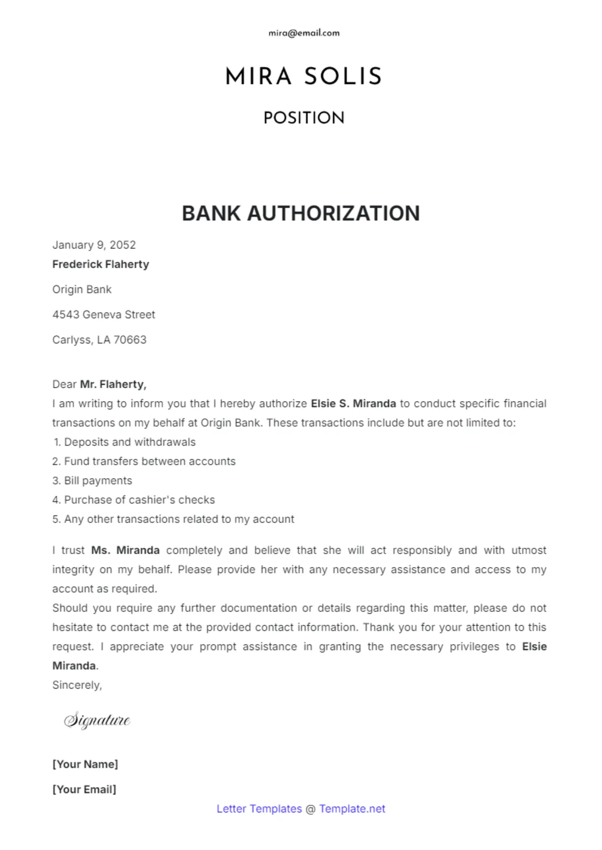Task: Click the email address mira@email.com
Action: pos(303,33)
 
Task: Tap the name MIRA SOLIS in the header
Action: pos(303,77)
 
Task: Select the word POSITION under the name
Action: pos(303,118)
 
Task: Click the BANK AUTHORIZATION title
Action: pos(301,213)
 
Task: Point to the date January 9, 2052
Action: pos(94,245)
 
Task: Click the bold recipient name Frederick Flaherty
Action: pos(101,264)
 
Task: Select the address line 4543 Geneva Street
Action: pos(104,315)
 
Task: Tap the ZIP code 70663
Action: pos(130,340)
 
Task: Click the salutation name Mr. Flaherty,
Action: pos(113,384)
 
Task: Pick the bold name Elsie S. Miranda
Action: pos(353,404)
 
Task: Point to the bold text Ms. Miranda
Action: pos(125,550)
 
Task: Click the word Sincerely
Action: pos(76,685)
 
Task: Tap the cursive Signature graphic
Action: pos(97,720)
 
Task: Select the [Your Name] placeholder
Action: pos(85,764)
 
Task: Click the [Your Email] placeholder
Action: pos(84,789)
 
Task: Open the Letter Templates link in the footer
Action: pos(259,809)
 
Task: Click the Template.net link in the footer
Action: pos(352,809)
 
